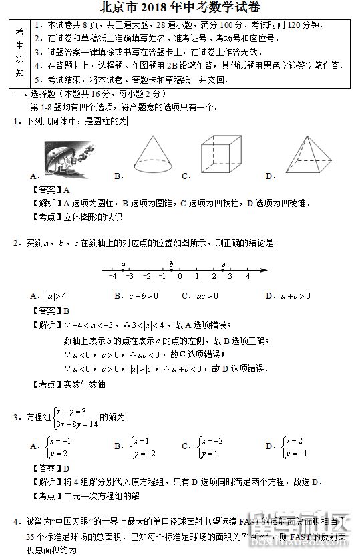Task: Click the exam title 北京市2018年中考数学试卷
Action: coord(180,8)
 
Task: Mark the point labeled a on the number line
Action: coord(124,270)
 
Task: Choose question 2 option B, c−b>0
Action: coord(136,295)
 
